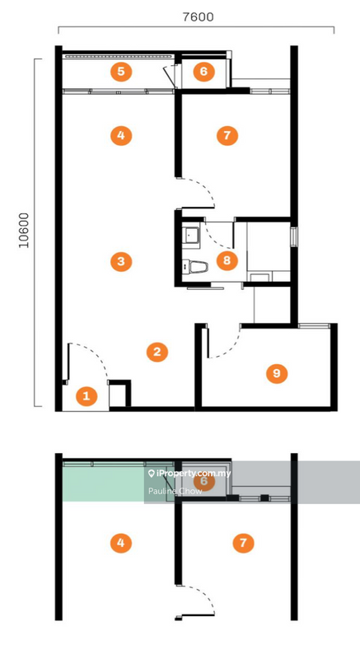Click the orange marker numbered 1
point(86,396)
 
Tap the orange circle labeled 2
point(157,352)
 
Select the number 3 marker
point(120,262)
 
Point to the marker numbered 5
point(120,71)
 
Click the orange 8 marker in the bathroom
point(226,261)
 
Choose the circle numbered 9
point(277,373)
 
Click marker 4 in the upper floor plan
point(120,134)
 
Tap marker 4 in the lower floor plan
point(120,543)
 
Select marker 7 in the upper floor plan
point(226,134)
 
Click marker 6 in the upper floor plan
point(203,71)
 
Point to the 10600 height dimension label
point(24,230)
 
